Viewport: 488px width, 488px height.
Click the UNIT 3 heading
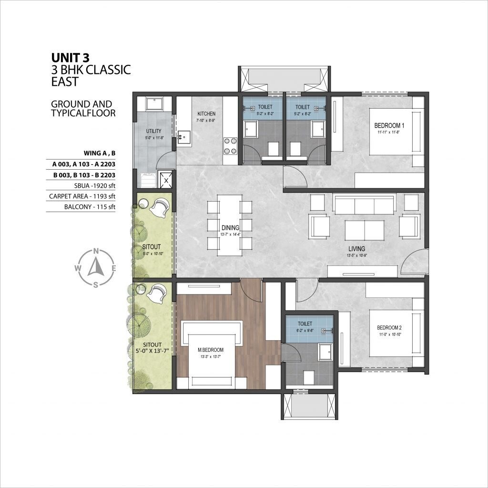[x=70, y=58]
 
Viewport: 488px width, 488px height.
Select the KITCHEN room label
[x=207, y=114]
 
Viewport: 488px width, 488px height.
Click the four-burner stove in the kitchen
[x=230, y=146]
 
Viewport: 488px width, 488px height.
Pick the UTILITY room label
[x=153, y=131]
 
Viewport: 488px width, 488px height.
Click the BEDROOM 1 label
[x=387, y=125]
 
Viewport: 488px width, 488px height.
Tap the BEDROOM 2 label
[x=389, y=327]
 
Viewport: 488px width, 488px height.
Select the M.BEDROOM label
[x=210, y=350]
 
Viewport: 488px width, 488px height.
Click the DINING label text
[x=230, y=228]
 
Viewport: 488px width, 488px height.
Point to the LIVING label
[x=356, y=248]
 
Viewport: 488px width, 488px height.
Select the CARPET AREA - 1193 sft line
[x=82, y=196]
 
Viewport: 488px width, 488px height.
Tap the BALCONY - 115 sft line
[x=90, y=207]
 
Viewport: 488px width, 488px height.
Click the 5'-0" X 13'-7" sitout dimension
[x=152, y=352]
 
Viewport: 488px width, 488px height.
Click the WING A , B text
[x=100, y=153]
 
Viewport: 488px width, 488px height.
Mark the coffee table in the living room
[x=364, y=230]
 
